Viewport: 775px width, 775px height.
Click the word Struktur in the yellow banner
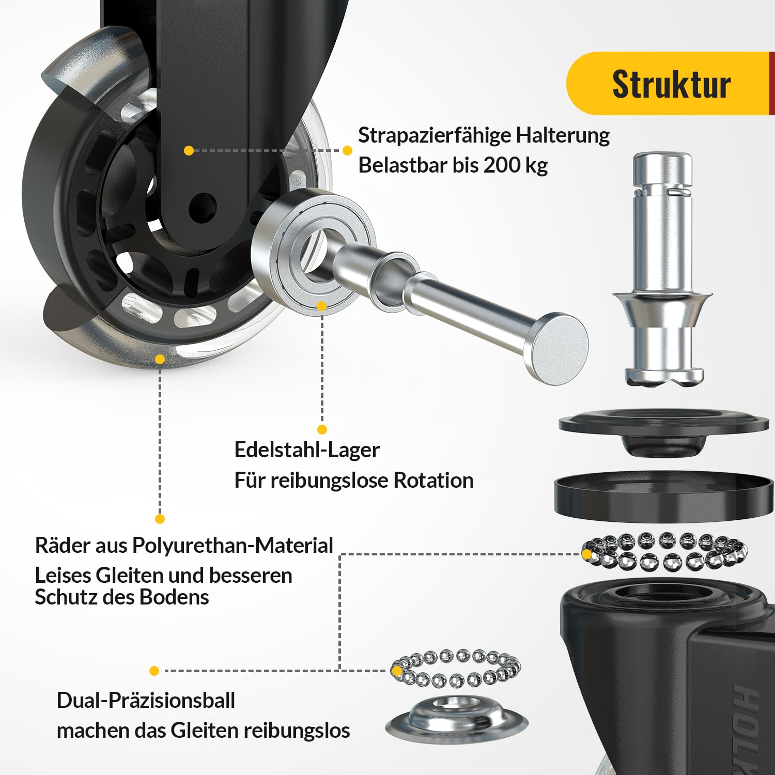pos(671,84)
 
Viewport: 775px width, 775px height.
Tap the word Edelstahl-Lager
pos(307,450)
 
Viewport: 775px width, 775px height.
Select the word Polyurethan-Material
pos(233,546)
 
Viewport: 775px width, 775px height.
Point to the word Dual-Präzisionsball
pos(146,701)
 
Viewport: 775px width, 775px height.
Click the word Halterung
pos(563,136)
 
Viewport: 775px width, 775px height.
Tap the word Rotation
pos(433,481)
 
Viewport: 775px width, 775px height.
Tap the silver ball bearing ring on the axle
pos(314,251)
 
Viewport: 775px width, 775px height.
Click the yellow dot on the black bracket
pos(189,150)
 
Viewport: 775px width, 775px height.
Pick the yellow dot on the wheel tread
pos(160,359)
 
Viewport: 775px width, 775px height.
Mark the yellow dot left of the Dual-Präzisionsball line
pos(154,671)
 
